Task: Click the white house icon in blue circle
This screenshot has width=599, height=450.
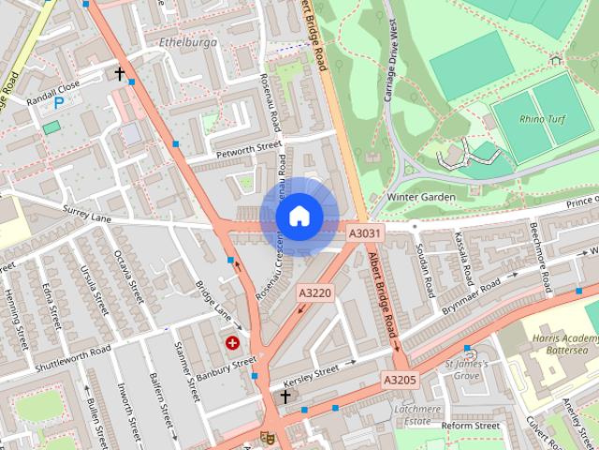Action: click(x=299, y=217)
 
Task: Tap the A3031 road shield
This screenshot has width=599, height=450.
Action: click(x=365, y=232)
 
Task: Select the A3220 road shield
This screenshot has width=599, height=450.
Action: click(x=314, y=293)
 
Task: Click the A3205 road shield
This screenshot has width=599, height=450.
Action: click(x=398, y=381)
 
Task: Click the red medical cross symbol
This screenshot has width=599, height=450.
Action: click(x=231, y=344)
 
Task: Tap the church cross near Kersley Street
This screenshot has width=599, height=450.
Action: click(x=285, y=397)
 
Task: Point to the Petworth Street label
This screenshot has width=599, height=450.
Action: click(x=248, y=147)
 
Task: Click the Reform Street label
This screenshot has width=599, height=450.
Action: click(x=472, y=425)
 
